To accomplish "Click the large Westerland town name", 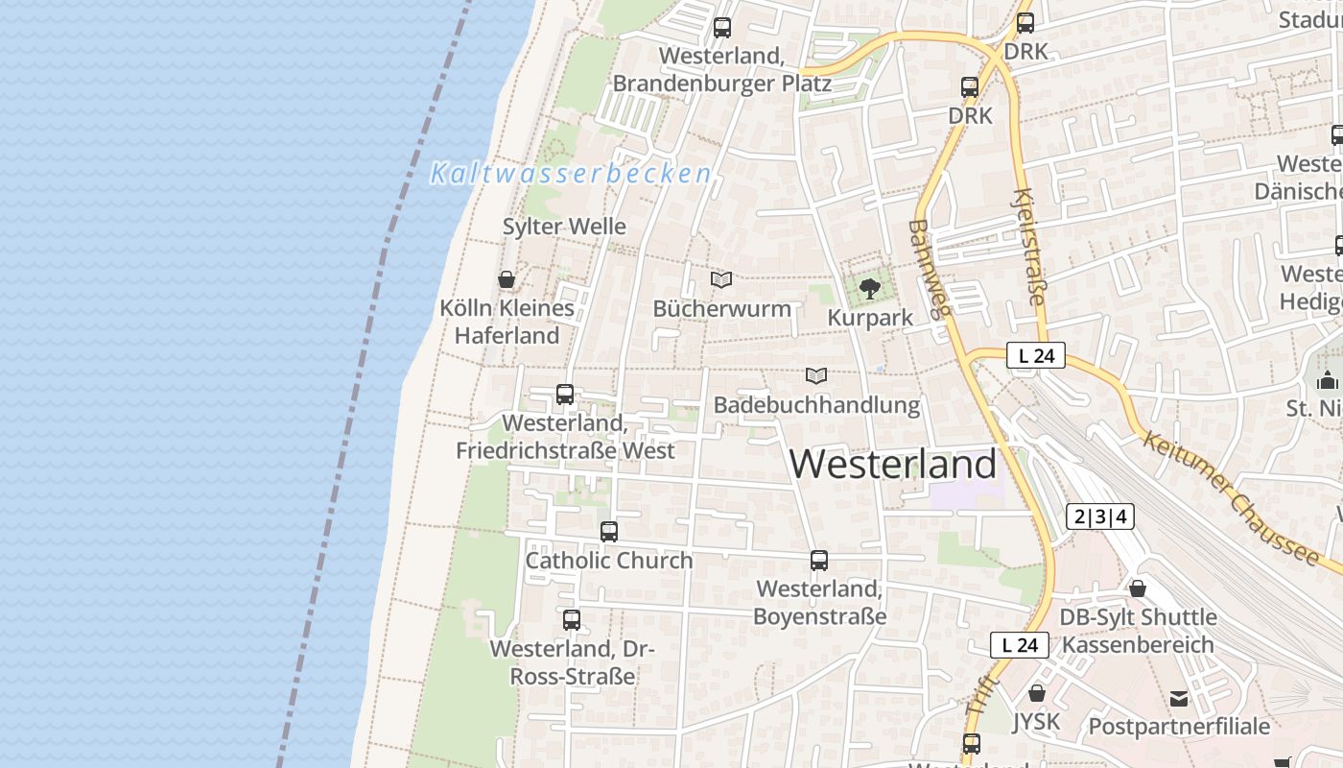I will [x=893, y=465].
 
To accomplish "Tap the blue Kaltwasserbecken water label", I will [x=571, y=174].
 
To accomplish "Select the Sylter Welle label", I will [x=564, y=227].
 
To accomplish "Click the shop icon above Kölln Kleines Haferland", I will [x=507, y=279].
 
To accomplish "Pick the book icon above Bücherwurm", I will [x=721, y=279].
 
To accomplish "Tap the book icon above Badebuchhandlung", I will [x=816, y=375].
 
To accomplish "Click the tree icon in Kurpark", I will [x=870, y=288].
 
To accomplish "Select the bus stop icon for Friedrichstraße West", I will [x=565, y=394].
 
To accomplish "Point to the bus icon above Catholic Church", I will [x=609, y=531].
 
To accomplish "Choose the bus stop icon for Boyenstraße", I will [x=819, y=560].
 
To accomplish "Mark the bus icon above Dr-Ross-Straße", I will [x=572, y=619].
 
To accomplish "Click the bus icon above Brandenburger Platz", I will [x=722, y=27].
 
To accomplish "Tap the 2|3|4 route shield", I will [x=1100, y=516].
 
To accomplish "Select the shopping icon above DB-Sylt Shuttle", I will [x=1138, y=588].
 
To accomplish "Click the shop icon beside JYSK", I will [x=1036, y=692].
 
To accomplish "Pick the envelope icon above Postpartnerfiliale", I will [x=1179, y=698].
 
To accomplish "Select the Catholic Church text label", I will [x=609, y=561].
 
